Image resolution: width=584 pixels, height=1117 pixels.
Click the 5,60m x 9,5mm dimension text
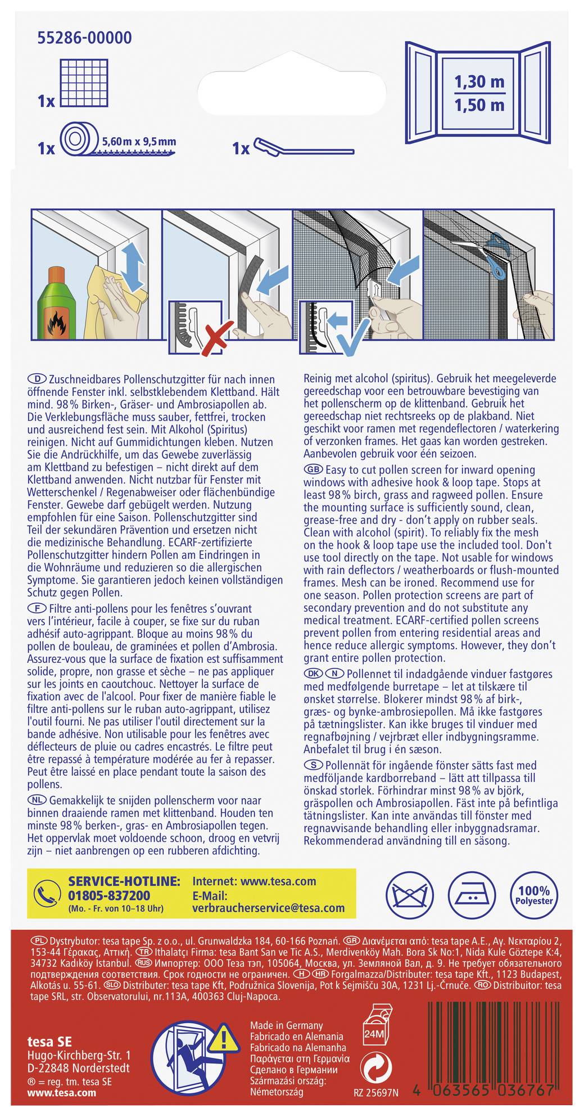pyautogui.click(x=139, y=142)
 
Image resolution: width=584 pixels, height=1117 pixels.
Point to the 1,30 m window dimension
pyautogui.click(x=479, y=82)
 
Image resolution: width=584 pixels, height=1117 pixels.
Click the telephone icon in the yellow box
pyautogui.click(x=47, y=892)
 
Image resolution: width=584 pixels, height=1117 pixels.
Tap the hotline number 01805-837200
pyautogui.click(x=109, y=896)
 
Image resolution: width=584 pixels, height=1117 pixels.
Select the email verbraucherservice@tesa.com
pyautogui.click(x=268, y=908)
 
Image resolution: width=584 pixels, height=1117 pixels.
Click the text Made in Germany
pyautogui.click(x=286, y=1025)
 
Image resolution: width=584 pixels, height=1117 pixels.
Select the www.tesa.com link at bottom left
pyautogui.click(x=62, y=1092)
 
